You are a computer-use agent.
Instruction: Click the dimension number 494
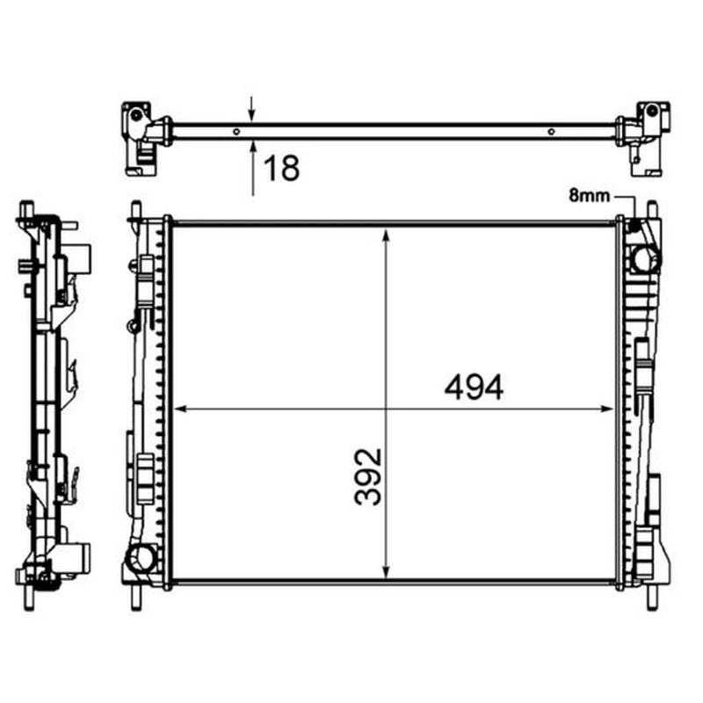[x=474, y=388]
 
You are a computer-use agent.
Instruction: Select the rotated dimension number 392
[x=368, y=476]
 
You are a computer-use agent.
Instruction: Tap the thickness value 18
[x=281, y=168]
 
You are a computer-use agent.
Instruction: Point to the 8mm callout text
[x=589, y=195]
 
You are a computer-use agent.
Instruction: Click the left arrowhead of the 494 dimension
[x=179, y=409]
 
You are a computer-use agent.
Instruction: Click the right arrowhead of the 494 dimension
[x=607, y=409]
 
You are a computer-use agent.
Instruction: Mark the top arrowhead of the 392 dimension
[x=386, y=235]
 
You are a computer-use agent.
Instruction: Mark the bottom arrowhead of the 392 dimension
[x=386, y=572]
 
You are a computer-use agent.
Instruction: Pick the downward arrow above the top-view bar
[x=252, y=108]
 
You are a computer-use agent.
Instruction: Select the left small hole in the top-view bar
[x=236, y=132]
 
